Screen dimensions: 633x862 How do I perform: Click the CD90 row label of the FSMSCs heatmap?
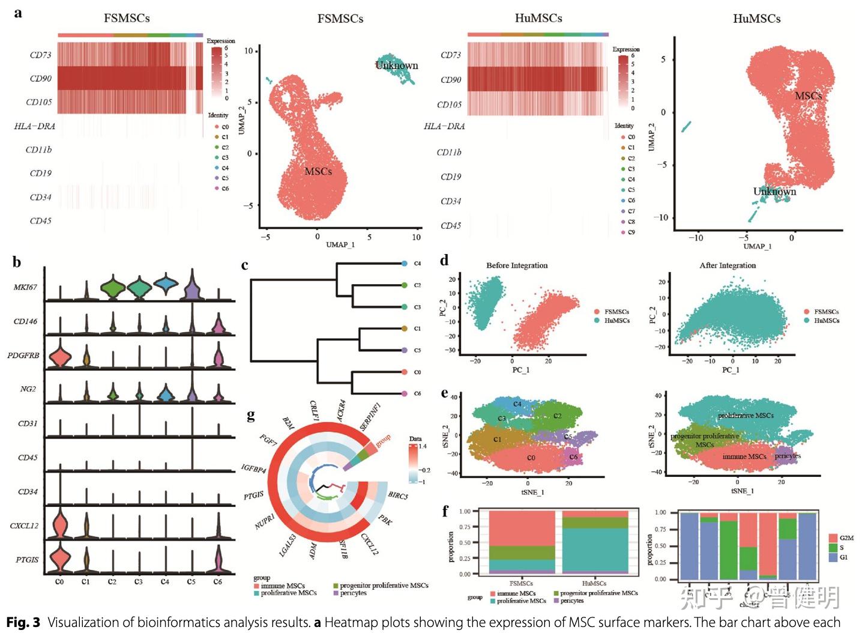tap(40, 79)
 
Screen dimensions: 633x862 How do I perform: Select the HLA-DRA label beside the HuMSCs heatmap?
tap(444, 126)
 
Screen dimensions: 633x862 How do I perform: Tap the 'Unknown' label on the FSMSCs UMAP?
tap(396, 65)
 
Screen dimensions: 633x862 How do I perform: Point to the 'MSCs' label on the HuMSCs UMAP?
tap(808, 96)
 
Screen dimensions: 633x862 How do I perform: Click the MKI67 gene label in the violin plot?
tap(25, 287)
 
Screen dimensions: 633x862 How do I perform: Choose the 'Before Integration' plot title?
tap(517, 265)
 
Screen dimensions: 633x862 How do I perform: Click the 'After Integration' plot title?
tap(728, 265)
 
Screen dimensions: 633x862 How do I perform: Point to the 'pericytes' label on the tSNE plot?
tap(788, 456)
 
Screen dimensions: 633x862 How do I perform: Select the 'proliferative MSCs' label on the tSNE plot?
tap(746, 416)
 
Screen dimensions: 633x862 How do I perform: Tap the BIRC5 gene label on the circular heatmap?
tap(398, 495)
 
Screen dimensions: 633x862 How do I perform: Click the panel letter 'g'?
tap(251, 415)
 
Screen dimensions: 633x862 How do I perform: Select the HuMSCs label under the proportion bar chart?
tap(594, 583)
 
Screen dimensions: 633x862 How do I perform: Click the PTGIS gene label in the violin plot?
tap(28, 560)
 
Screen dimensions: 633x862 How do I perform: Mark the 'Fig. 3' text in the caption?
tap(23, 622)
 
